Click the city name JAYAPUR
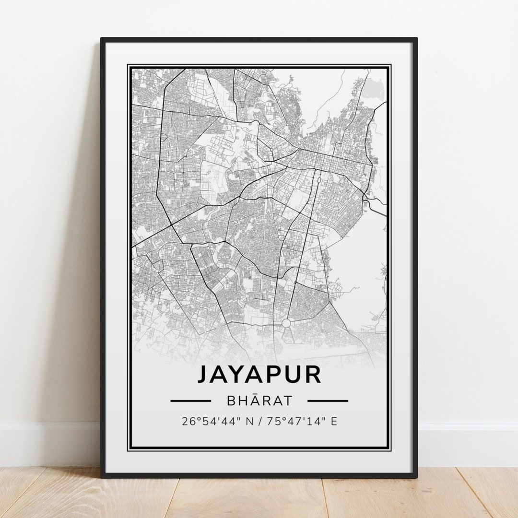259,375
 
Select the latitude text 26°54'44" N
214,422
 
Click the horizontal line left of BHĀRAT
190,400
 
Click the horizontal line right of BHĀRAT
328,400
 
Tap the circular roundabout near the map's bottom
286,323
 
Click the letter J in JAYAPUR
203,375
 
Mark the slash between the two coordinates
259,422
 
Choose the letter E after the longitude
334,422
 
